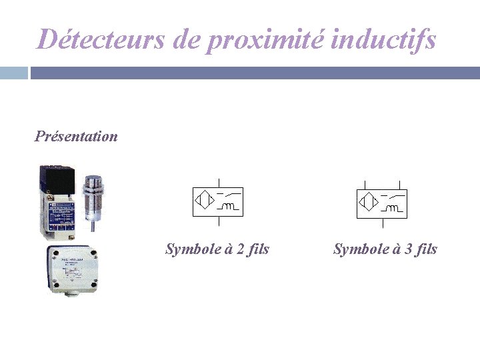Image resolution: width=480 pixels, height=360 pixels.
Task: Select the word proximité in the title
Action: click(x=267, y=40)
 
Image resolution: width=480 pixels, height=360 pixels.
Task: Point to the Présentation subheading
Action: click(x=76, y=137)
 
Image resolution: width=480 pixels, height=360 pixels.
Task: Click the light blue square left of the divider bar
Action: click(x=13, y=73)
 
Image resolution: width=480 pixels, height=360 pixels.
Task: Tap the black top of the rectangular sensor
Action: click(x=58, y=179)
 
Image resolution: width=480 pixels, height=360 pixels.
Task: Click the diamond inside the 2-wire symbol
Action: click(x=203, y=200)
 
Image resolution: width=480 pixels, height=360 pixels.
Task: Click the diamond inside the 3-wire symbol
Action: click(x=368, y=200)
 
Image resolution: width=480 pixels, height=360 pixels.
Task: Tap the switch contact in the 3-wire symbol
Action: click(x=395, y=195)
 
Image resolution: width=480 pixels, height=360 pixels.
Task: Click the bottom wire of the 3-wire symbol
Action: click(x=382, y=223)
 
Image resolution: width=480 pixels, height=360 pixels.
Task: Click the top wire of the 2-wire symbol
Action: click(x=218, y=184)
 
